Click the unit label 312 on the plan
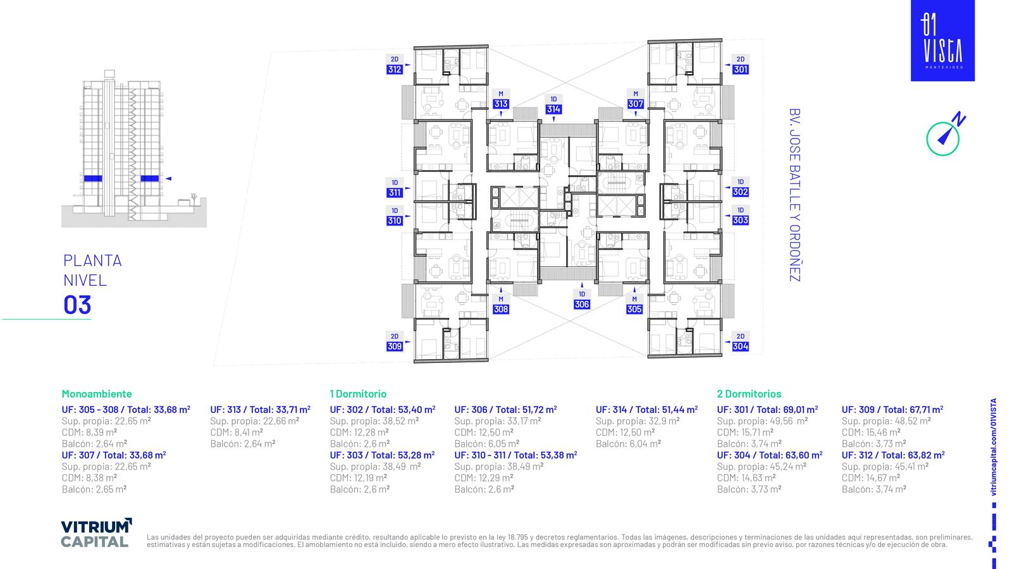tap(395, 70)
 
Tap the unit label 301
tap(741, 70)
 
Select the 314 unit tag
tap(553, 109)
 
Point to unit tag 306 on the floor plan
tap(582, 304)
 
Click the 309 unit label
tap(395, 346)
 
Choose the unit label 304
tap(741, 346)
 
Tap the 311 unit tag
tap(395, 193)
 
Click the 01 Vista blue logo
tap(942, 40)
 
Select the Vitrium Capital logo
tap(96, 533)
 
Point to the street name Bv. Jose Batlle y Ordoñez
tap(794, 195)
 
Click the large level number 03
tap(77, 305)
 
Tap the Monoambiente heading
tap(97, 394)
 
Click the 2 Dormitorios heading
tap(749, 394)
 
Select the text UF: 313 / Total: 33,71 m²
tap(260, 410)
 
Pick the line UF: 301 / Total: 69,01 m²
tap(767, 410)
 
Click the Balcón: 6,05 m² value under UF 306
tap(486, 443)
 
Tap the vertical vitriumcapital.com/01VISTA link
tap(994, 447)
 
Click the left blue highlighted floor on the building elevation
tap(93, 178)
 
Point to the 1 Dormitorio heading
tap(358, 394)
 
